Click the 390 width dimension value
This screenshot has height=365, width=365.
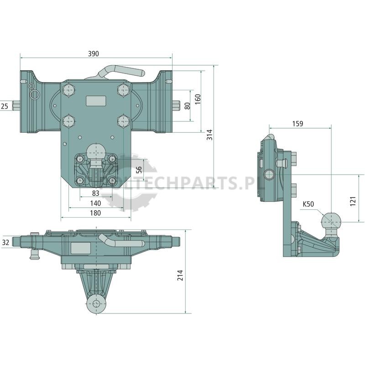click(x=94, y=53)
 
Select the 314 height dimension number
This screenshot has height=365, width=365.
click(x=210, y=135)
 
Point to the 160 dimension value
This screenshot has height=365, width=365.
click(x=198, y=99)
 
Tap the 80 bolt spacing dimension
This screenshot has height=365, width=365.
click(x=187, y=106)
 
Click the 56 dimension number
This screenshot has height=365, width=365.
click(x=139, y=169)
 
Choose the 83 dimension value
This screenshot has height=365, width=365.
click(x=96, y=193)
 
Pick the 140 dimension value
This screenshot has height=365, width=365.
click(x=95, y=203)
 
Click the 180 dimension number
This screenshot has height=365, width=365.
click(x=95, y=213)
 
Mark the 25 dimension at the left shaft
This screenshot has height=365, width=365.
click(x=5, y=106)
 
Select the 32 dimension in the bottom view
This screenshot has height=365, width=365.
click(x=5, y=242)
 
